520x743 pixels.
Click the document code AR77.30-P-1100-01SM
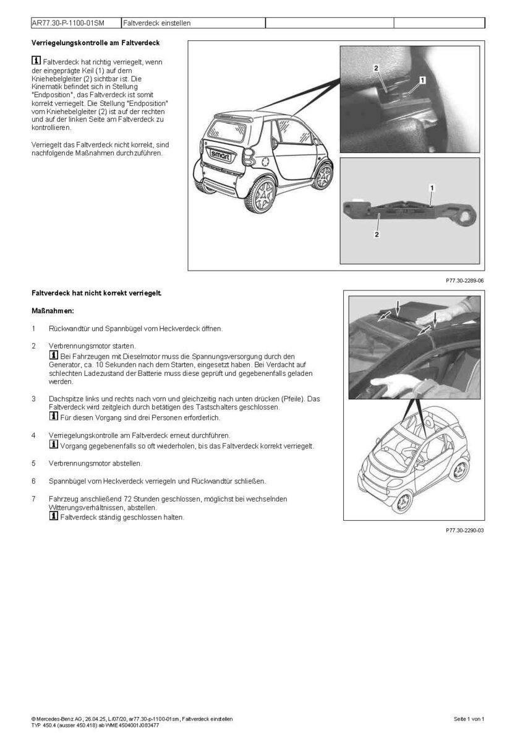[x=68, y=23]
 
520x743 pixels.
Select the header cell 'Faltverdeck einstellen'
[x=157, y=23]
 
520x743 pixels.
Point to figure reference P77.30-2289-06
[x=464, y=280]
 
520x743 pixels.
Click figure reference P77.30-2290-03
[x=464, y=531]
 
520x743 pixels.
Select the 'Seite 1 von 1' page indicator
[x=469, y=719]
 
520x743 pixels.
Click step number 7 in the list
[x=33, y=498]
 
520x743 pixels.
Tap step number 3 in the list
[x=33, y=398]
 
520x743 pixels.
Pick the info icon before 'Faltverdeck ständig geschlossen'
[x=54, y=516]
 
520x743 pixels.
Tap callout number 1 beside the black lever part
[x=431, y=186]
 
